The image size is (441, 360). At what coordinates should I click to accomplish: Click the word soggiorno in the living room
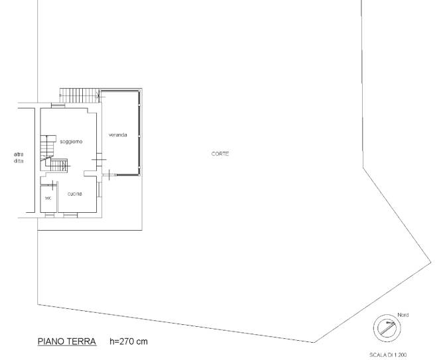tap(71, 142)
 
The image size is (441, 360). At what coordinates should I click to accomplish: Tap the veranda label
tap(118, 135)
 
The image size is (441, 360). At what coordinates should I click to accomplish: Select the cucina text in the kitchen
tap(75, 194)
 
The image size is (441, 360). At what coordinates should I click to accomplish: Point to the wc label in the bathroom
tap(48, 198)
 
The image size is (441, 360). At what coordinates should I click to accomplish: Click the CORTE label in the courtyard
tap(220, 154)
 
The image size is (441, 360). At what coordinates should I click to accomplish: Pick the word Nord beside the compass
tap(403, 315)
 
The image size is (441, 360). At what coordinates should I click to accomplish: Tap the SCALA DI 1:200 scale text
tap(388, 355)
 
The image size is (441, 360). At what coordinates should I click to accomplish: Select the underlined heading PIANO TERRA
tap(67, 341)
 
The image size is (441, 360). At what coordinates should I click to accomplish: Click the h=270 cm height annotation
tap(129, 341)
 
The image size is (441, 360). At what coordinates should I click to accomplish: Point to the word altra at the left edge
tap(19, 154)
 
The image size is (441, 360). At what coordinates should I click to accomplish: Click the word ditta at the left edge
tap(19, 161)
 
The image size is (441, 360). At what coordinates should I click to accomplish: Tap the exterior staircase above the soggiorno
tap(79, 95)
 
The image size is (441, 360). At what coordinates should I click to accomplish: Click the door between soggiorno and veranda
tap(99, 160)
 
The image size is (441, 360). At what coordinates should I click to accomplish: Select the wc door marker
tap(52, 185)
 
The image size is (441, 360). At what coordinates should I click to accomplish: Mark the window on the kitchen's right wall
tap(99, 190)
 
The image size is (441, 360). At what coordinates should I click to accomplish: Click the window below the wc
tap(50, 215)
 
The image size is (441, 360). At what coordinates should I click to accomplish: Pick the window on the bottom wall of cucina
tap(70, 215)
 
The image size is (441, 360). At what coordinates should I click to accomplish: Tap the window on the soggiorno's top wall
tap(58, 106)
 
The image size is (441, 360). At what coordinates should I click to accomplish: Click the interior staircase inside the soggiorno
tap(54, 154)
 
